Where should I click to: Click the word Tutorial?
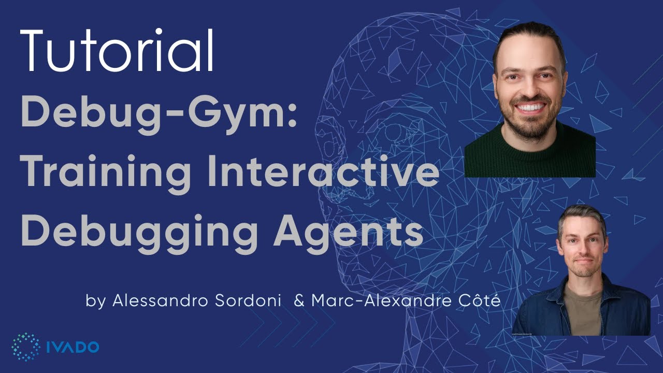[117, 50]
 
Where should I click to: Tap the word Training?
[106, 172]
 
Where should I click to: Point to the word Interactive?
[323, 172]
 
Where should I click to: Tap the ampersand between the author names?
[299, 301]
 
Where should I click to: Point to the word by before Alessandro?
[95, 302]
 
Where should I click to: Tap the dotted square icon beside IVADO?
[25, 347]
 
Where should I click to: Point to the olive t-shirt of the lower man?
[583, 311]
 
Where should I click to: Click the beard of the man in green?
[529, 124]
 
